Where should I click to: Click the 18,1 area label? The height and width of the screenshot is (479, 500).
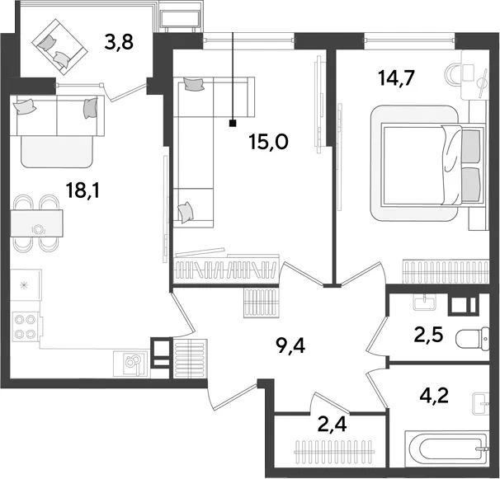pyautogui.click(x=83, y=190)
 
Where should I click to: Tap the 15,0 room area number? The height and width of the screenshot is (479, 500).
pyautogui.click(x=269, y=142)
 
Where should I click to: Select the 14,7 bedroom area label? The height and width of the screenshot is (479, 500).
pyautogui.click(x=396, y=78)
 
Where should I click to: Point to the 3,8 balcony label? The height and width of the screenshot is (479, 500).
pyautogui.click(x=119, y=42)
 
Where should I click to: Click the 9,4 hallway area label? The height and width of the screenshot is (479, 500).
pyautogui.click(x=291, y=345)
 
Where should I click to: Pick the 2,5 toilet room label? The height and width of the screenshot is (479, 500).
pyautogui.click(x=428, y=335)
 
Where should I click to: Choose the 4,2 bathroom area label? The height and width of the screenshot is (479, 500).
pyautogui.click(x=434, y=396)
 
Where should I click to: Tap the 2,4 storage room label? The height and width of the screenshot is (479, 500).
pyautogui.click(x=333, y=425)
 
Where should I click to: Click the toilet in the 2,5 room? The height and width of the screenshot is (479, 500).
pyautogui.click(x=473, y=339)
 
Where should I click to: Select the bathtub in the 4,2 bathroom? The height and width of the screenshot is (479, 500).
pyautogui.click(x=446, y=448)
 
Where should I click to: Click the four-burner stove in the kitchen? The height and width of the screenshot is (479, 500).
pyautogui.click(x=26, y=326)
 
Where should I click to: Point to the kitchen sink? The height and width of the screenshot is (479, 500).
pyautogui.click(x=130, y=363)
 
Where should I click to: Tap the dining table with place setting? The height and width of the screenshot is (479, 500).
pyautogui.click(x=36, y=223)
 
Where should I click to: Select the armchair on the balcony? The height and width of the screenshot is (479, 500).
pyautogui.click(x=60, y=47)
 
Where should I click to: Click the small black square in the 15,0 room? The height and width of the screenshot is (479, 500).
pyautogui.click(x=233, y=124)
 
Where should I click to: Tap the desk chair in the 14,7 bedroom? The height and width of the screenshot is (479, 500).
pyautogui.click(x=452, y=74)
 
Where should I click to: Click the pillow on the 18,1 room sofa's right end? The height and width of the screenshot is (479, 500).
pyautogui.click(x=90, y=107)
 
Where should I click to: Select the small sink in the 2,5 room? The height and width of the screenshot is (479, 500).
pyautogui.click(x=424, y=302)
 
